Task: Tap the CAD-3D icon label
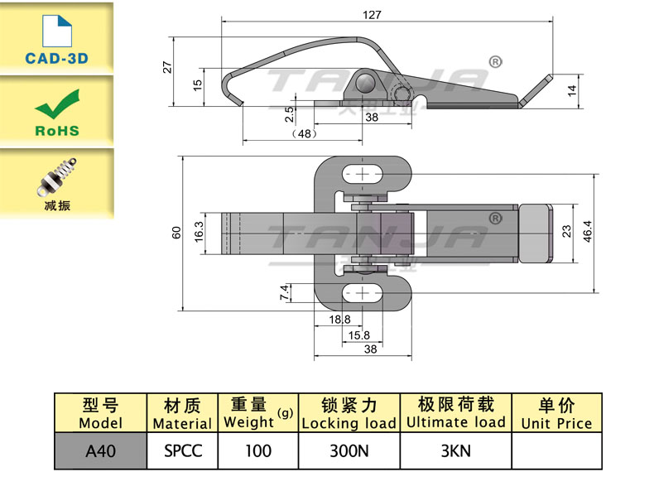tap(56, 59)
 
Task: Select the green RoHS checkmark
tap(57, 108)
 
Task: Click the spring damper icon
tap(57, 175)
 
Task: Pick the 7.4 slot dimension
tap(285, 291)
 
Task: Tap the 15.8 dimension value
tap(358, 335)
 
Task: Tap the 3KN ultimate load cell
tap(454, 452)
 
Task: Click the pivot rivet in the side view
tap(365, 81)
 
